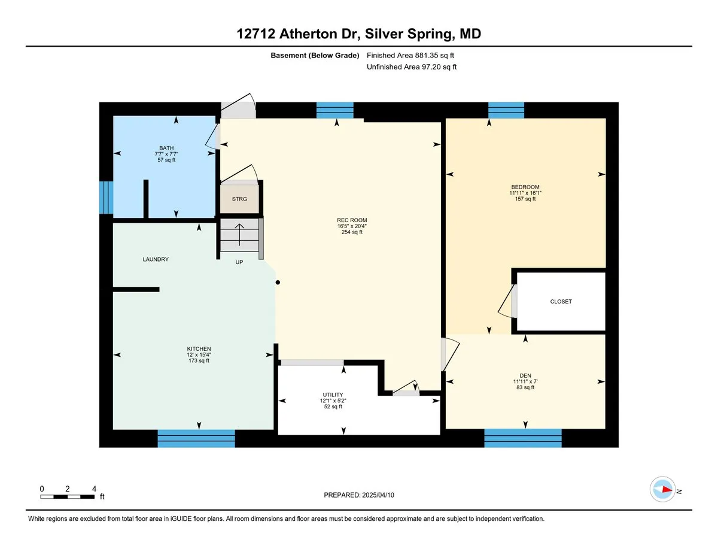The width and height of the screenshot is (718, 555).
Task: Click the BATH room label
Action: [166, 148]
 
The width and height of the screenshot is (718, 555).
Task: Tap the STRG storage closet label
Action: [239, 199]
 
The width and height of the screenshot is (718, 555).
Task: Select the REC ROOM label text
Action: [352, 220]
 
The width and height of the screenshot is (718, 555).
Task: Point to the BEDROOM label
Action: [525, 187]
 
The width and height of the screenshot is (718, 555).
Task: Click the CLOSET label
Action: [561, 302]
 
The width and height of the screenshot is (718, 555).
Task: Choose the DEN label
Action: [525, 375]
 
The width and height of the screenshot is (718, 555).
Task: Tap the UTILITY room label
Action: [333, 395]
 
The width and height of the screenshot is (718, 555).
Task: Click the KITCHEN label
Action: [199, 348]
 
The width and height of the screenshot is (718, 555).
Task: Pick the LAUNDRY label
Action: [156, 259]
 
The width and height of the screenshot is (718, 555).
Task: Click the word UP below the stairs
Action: [239, 262]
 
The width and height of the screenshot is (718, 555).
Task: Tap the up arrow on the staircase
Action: [239, 235]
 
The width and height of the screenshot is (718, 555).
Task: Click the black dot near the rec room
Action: [278, 283]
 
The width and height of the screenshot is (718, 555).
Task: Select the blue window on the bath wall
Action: [106, 198]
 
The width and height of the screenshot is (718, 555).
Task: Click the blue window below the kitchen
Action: [196, 438]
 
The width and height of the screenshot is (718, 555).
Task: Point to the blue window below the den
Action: [523, 438]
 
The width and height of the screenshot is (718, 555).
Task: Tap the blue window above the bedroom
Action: [506, 110]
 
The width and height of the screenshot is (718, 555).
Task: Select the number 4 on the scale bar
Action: [94, 489]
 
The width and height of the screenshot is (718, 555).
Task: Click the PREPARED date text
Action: [359, 495]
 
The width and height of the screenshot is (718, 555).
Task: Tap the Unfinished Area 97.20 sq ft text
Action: [412, 67]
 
